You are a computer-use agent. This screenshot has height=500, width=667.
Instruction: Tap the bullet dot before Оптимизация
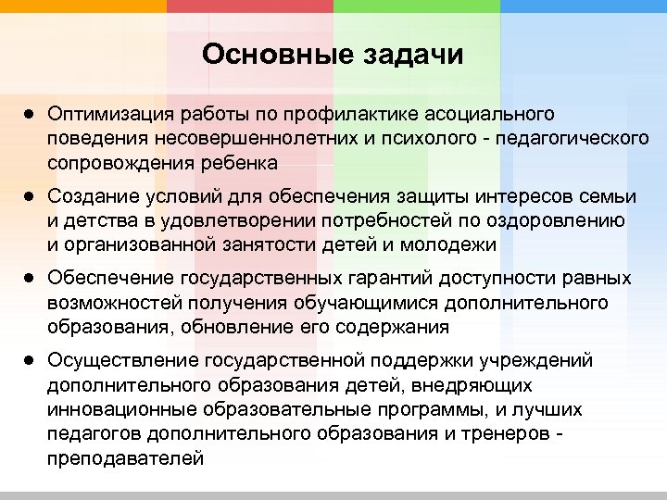[31, 114]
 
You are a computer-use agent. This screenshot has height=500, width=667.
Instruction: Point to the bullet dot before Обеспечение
[31, 277]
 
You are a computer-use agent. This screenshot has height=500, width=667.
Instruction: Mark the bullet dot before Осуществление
[31, 358]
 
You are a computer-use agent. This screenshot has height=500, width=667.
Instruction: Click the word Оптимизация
[106, 114]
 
